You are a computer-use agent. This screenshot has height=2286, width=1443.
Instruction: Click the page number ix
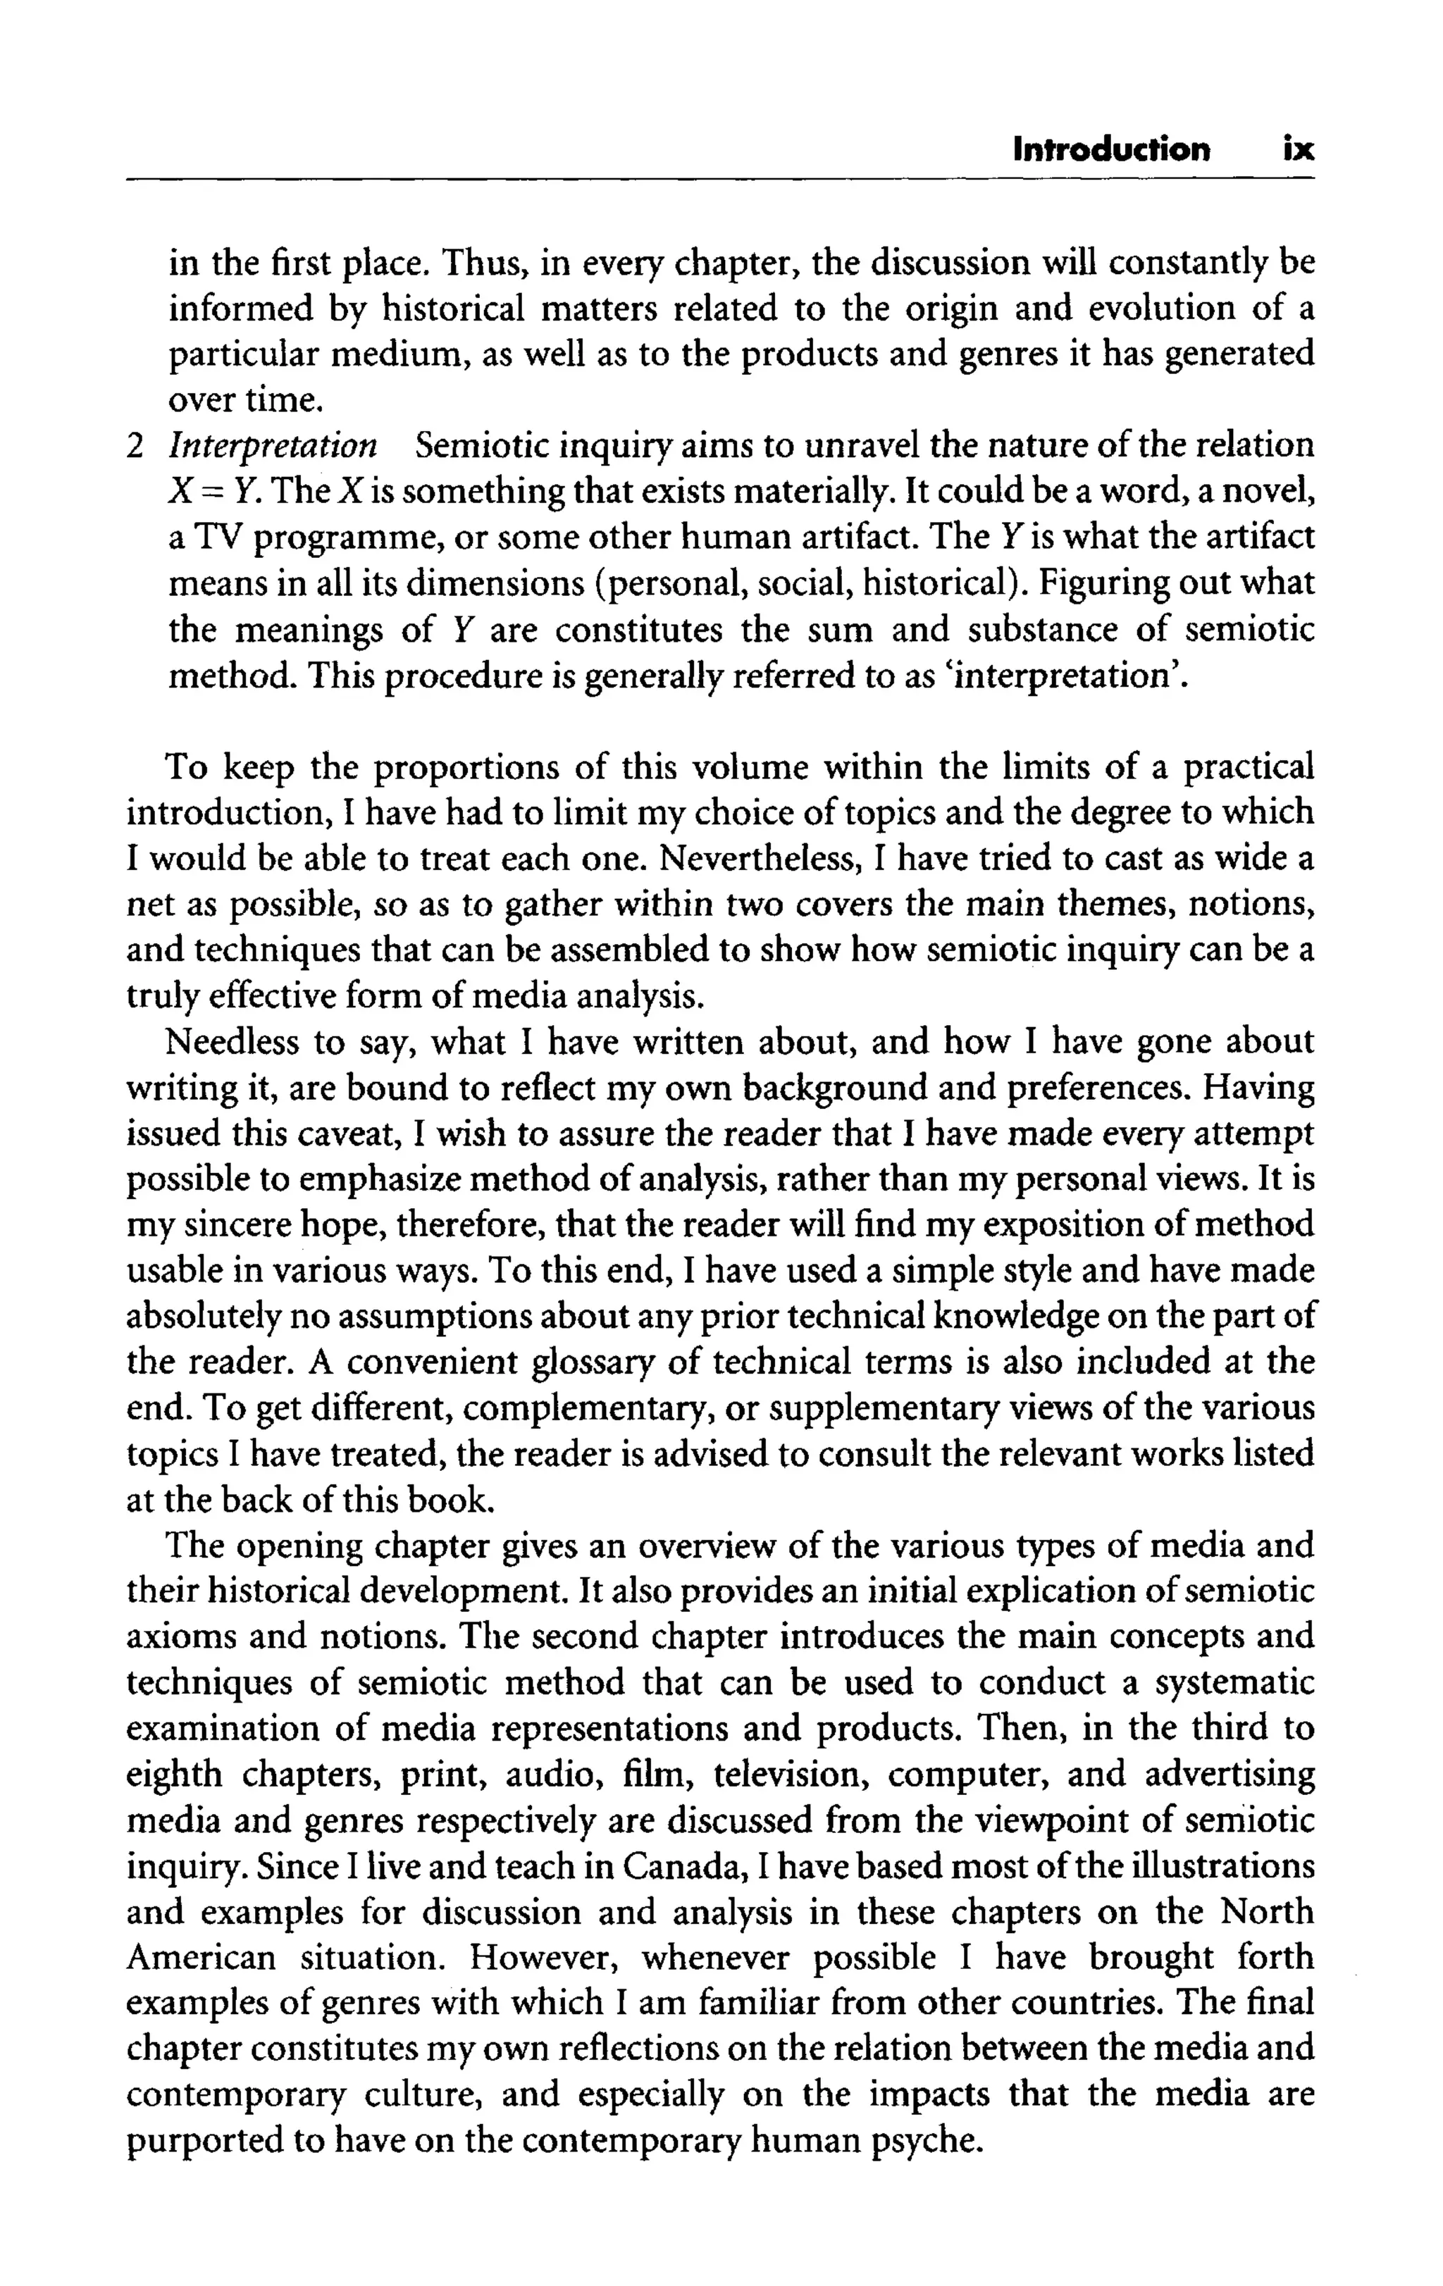pos(1298,150)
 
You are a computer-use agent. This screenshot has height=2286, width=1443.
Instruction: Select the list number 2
pos(137,446)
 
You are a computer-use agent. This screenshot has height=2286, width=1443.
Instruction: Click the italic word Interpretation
pos(273,446)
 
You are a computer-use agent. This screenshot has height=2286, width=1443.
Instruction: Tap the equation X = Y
pos(211,492)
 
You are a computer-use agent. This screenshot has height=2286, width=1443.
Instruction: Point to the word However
pos(547,1958)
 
